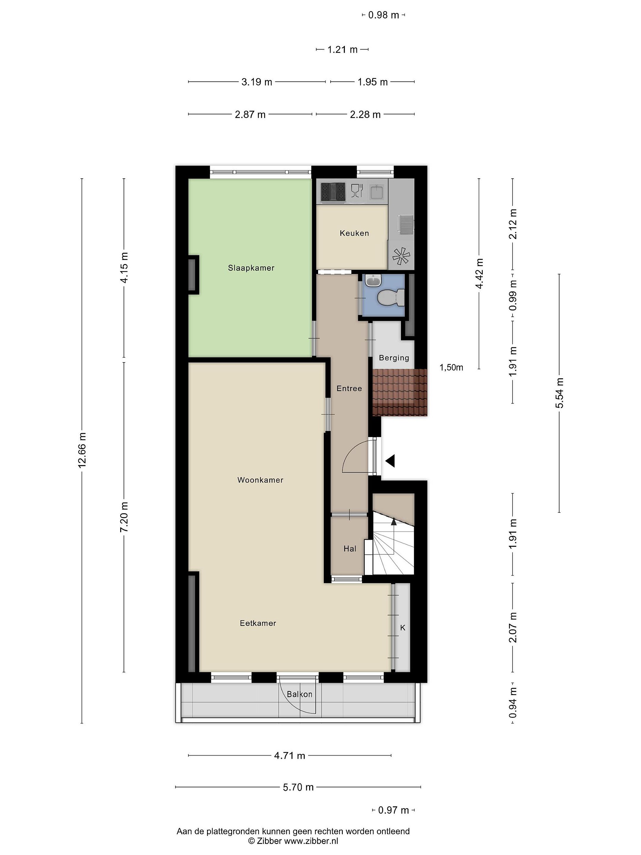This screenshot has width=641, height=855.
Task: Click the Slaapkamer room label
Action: (251, 268)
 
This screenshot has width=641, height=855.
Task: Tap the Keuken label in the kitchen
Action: (354, 233)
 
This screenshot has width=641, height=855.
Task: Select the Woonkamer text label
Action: (261, 480)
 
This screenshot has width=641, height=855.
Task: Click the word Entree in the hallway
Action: (349, 388)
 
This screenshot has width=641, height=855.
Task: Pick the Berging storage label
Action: (394, 358)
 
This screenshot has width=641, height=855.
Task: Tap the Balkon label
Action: (299, 694)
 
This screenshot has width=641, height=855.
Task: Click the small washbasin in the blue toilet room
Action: (372, 280)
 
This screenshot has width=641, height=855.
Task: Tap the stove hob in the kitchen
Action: (333, 192)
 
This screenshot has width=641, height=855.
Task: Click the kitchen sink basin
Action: (376, 192)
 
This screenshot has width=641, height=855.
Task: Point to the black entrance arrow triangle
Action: (390, 461)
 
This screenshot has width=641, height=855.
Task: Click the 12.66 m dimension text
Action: (82, 450)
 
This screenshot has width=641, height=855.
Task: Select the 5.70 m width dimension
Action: (298, 787)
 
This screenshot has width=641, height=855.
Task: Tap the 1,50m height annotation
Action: (451, 368)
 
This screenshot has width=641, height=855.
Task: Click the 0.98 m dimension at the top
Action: (384, 15)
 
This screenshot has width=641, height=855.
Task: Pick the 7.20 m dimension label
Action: (124, 517)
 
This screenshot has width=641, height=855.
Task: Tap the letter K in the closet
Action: (403, 628)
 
